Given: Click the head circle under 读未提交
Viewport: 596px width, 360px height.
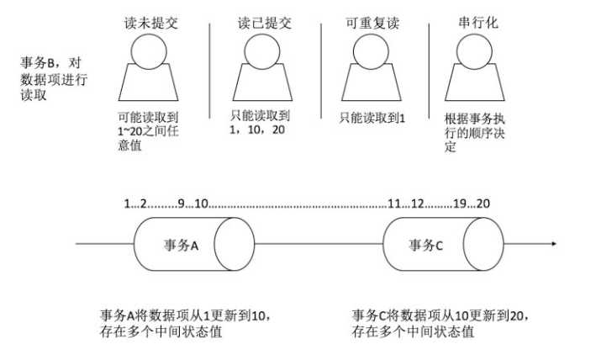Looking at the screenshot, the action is click(x=148, y=52).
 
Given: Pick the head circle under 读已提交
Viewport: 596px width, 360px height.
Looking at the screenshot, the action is click(x=262, y=52).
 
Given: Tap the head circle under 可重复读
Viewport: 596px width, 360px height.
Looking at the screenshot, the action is click(x=372, y=52).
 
